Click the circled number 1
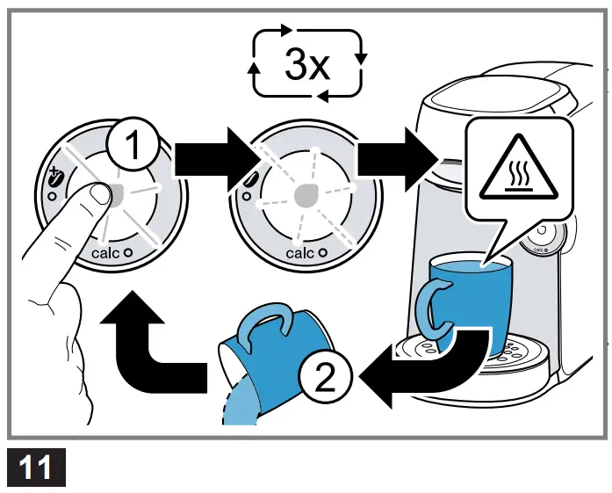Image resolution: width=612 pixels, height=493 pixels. pyautogui.click(x=133, y=147)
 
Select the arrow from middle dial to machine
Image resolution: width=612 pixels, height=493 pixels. pyautogui.click(x=398, y=158)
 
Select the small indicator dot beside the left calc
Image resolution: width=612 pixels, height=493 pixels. pyautogui.click(x=129, y=253)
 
